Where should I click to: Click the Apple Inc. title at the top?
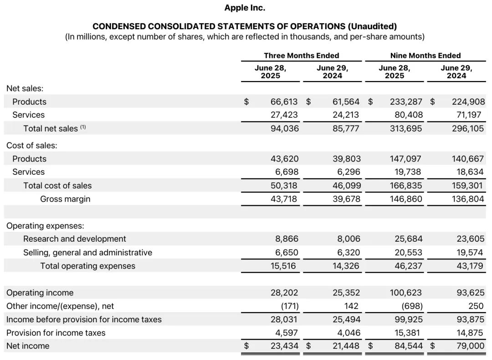click(245, 8)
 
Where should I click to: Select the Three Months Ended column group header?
click(301, 56)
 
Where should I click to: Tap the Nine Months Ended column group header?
click(425, 56)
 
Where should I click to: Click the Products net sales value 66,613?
click(285, 102)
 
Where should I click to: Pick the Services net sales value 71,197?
click(470, 115)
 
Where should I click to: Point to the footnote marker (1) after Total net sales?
click(83, 127)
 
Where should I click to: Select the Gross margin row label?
click(65, 199)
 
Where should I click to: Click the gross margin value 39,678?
click(346, 199)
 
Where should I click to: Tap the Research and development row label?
click(75, 239)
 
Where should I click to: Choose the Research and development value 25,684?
click(408, 239)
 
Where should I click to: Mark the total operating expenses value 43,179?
click(470, 266)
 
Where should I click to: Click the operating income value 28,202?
click(285, 293)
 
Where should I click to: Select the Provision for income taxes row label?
click(56, 333)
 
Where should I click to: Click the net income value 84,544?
click(408, 346)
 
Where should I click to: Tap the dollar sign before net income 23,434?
click(246, 346)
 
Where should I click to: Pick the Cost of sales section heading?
click(32, 146)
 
